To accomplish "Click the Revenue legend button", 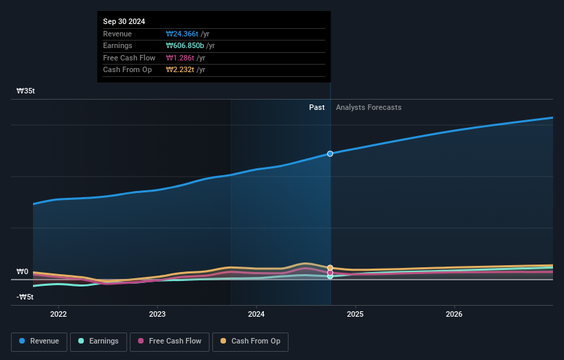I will (39, 341).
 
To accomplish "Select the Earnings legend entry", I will (98, 341).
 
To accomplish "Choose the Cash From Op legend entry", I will (250, 341).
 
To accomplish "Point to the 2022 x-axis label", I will (58, 314).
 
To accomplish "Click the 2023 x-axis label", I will (157, 314).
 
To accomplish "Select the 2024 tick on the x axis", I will (256, 314).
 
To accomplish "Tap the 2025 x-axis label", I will (355, 314).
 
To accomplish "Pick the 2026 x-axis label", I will (454, 314).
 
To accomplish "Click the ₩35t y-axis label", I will (26, 91).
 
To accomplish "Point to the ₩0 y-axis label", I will (22, 271).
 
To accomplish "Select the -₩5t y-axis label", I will (25, 297).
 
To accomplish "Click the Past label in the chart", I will (317, 107).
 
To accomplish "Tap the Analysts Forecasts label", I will (368, 107).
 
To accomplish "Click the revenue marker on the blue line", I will (330, 153).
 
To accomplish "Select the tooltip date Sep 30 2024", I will (125, 22).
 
